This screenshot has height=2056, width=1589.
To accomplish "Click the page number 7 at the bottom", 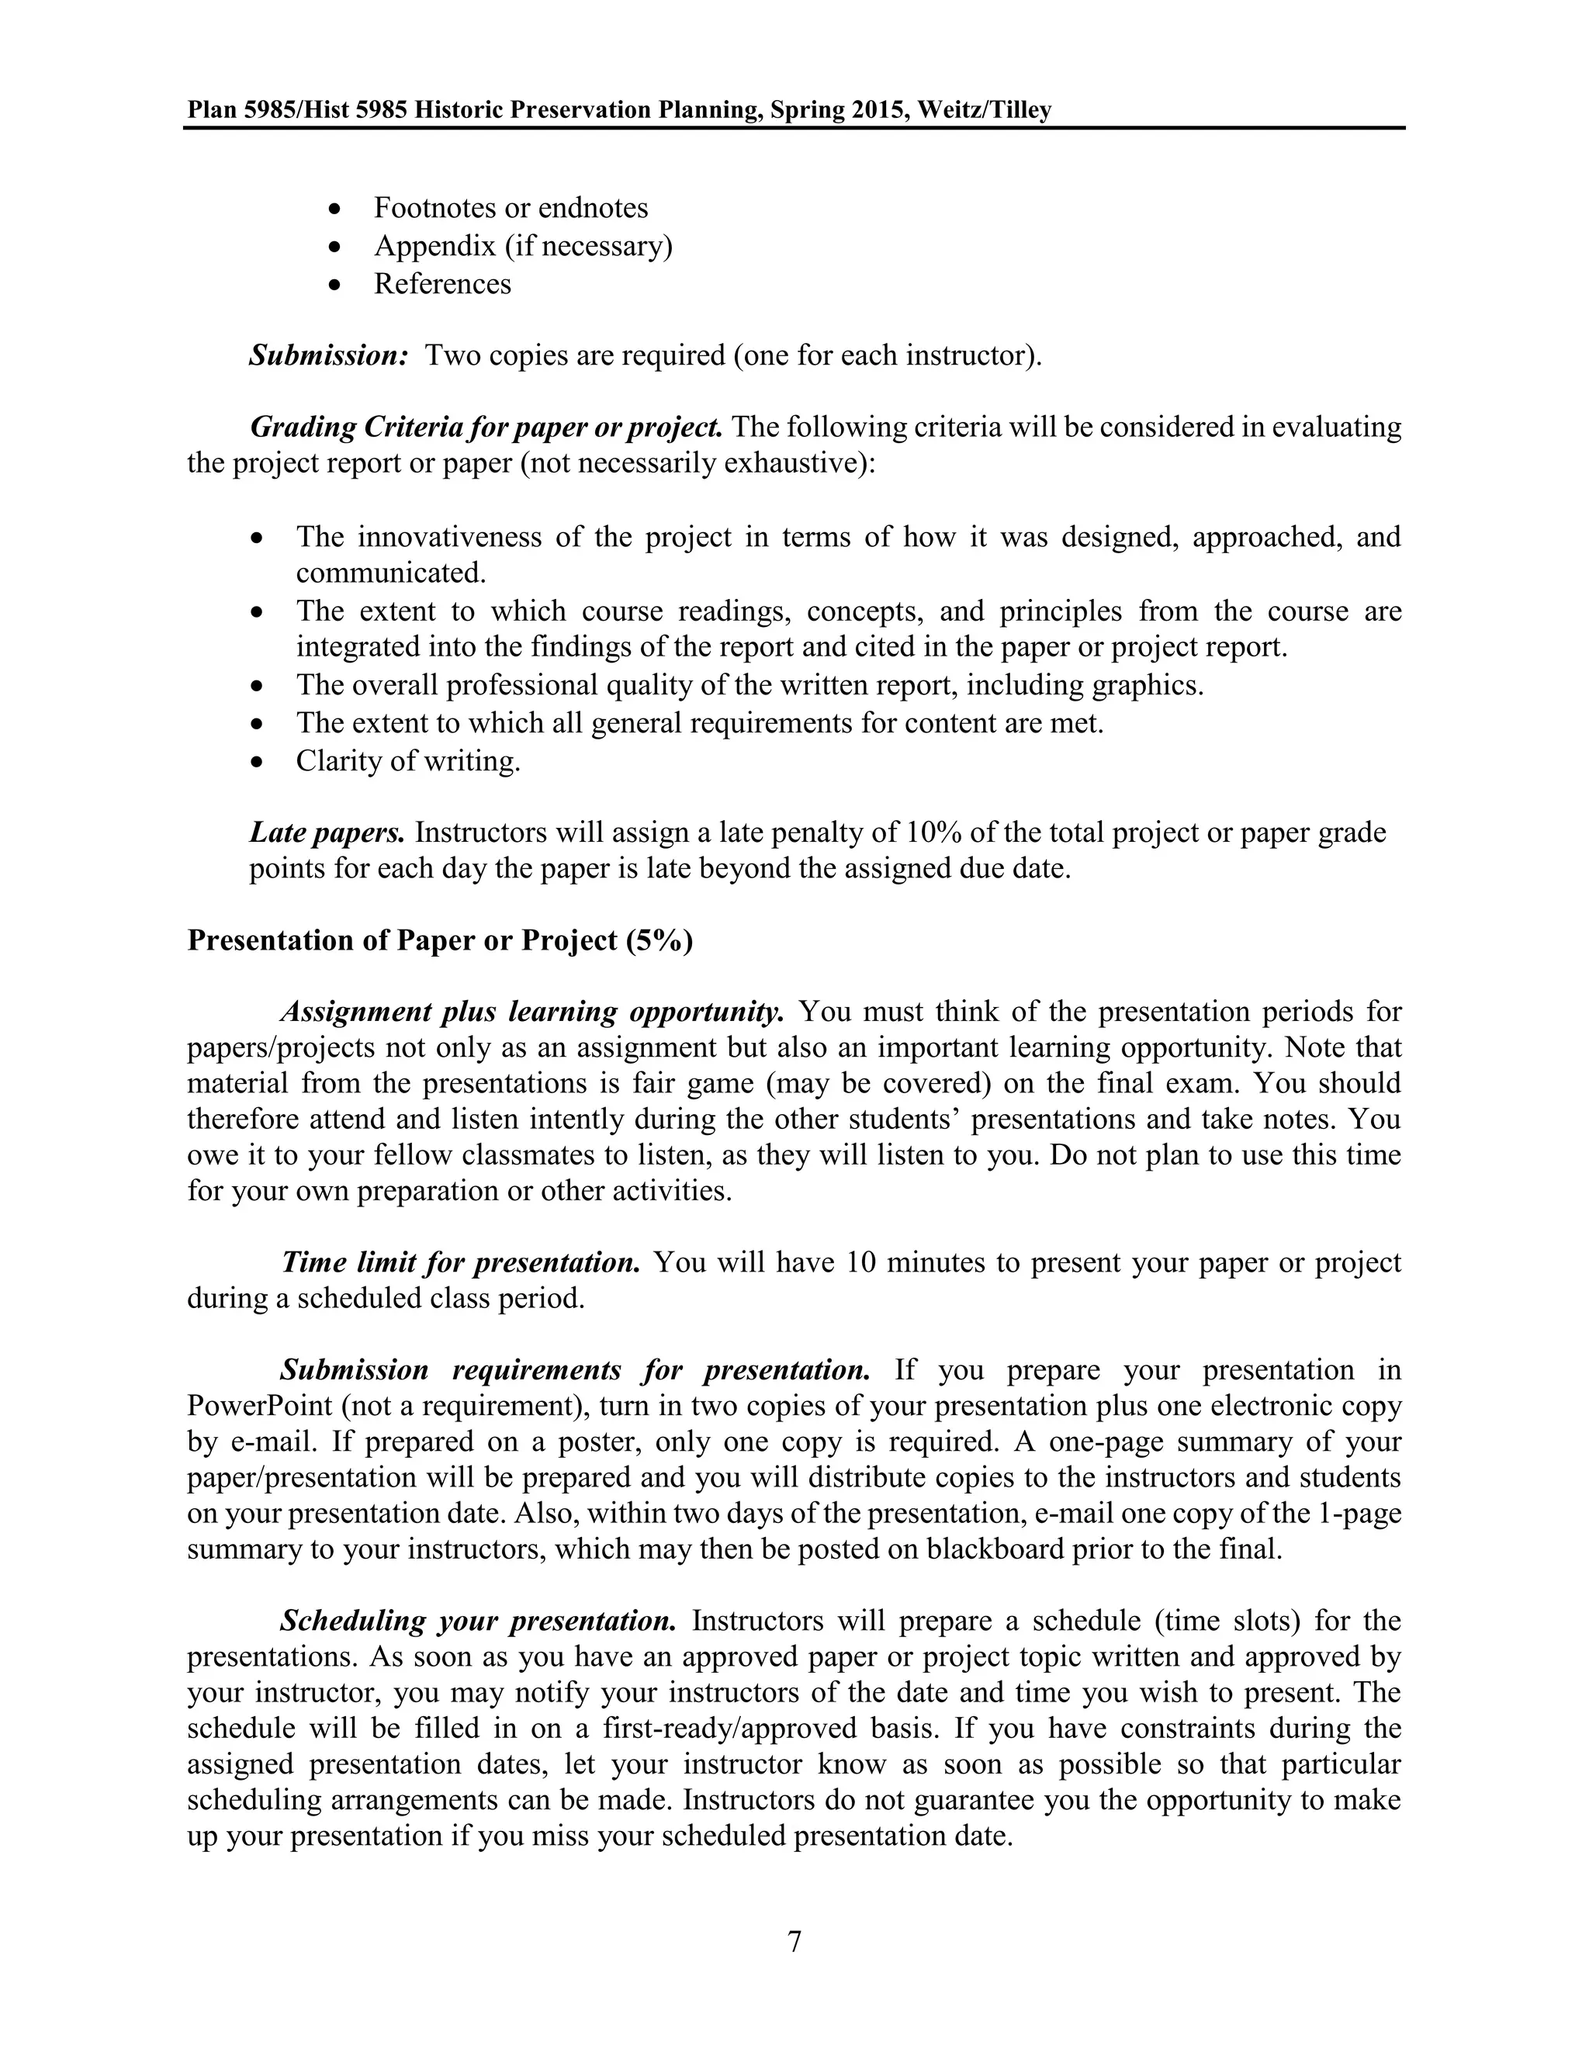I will click(x=794, y=1942).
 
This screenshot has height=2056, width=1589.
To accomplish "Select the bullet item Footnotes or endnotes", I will click(x=511, y=208).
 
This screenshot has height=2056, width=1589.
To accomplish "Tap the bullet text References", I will click(x=441, y=283).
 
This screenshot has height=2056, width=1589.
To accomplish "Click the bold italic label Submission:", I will click(x=327, y=356).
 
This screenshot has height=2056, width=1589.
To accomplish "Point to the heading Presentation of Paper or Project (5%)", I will click(x=440, y=940).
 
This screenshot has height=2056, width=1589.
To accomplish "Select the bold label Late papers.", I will click(x=326, y=833).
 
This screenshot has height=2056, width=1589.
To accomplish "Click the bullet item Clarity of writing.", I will click(x=407, y=760).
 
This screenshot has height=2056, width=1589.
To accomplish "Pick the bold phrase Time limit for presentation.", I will click(x=460, y=1262).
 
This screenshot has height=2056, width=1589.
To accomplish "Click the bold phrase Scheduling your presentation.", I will click(x=477, y=1621).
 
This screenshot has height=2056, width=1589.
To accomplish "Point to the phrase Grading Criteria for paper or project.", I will click(x=486, y=427).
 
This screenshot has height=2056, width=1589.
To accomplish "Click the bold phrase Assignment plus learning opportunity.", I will click(x=531, y=1012).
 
